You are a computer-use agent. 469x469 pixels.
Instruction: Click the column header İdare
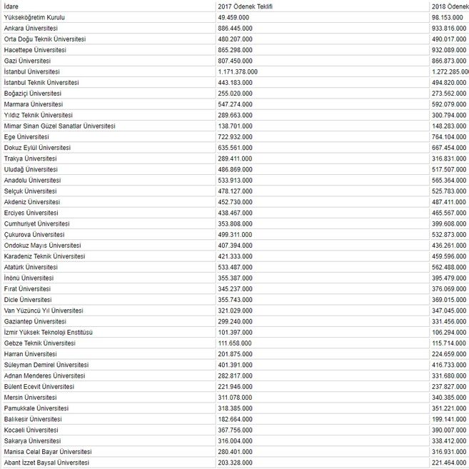click(11, 6)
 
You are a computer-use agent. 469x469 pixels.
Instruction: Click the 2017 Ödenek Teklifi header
click(245, 6)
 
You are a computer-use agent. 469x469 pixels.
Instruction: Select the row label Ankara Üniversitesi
click(31, 28)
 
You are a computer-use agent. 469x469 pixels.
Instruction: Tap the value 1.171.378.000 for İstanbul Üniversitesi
click(239, 71)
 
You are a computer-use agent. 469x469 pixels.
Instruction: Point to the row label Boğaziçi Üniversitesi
click(32, 93)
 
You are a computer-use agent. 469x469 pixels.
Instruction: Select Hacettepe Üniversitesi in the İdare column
click(34, 50)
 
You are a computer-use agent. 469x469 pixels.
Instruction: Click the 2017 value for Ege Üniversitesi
click(235, 136)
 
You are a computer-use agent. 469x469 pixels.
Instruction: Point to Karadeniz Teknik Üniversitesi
click(44, 256)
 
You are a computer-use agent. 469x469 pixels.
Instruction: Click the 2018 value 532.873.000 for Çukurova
click(449, 234)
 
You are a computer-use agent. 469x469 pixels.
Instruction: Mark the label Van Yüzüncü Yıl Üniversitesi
click(44, 311)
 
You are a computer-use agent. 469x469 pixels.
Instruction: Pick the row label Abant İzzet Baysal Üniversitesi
click(47, 463)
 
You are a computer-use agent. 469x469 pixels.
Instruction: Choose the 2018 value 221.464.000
click(449, 463)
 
